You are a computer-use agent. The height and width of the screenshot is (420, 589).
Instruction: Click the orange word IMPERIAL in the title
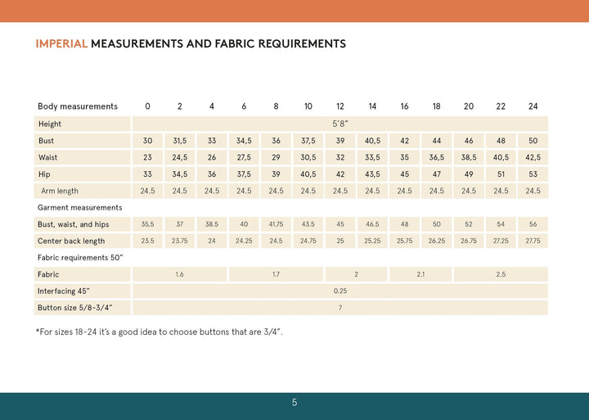tap(61, 43)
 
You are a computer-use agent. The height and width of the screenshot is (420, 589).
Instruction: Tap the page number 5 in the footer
tap(294, 402)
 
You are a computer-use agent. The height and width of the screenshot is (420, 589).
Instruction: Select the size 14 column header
tap(372, 106)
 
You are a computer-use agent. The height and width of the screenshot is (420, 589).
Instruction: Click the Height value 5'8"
tap(340, 124)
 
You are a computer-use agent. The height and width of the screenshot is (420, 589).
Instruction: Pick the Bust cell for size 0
tap(147, 141)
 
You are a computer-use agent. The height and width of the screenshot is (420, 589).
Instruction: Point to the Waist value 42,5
tap(533, 157)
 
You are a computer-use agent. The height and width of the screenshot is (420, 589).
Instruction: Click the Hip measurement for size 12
tap(340, 174)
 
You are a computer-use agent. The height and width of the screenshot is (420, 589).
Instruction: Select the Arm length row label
tap(60, 191)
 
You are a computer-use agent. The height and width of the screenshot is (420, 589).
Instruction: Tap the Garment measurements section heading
tap(79, 208)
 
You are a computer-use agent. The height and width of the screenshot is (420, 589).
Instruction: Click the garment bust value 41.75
tap(276, 224)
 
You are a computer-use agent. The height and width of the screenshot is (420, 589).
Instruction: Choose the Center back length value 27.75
tap(533, 241)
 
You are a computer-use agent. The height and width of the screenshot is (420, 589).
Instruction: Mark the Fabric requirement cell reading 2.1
tap(420, 274)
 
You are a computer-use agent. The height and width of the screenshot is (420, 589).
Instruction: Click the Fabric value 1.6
tap(179, 274)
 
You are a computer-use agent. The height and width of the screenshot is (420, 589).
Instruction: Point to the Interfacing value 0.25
tap(340, 291)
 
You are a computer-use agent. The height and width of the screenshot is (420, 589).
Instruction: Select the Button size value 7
tap(340, 307)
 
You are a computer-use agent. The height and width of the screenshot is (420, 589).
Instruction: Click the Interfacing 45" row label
tap(64, 291)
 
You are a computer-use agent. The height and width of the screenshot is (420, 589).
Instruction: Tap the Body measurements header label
tap(78, 106)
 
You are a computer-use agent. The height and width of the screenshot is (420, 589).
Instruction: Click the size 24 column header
tap(533, 106)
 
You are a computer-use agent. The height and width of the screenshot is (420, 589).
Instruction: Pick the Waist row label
tap(47, 157)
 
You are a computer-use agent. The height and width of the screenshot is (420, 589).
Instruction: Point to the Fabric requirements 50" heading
tap(81, 258)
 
